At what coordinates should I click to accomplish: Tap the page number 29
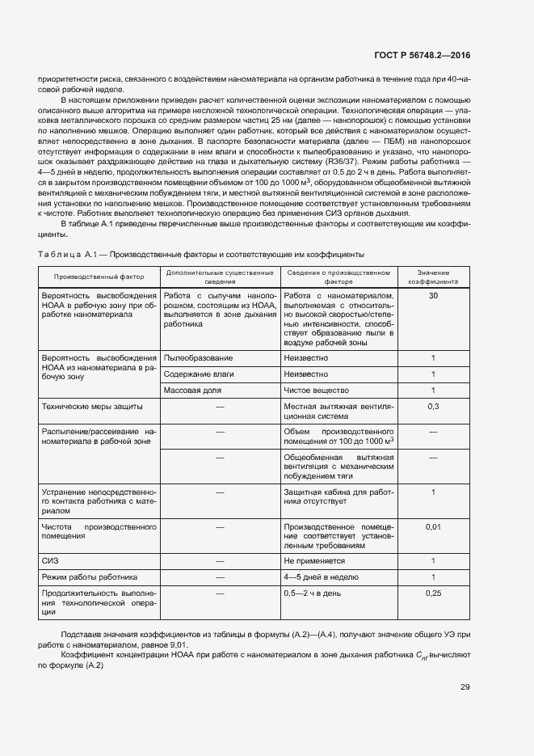pos(465,687)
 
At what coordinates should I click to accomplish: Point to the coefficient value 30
pos(433,297)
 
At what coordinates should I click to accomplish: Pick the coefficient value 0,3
pos(433,406)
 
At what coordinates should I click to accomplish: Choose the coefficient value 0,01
pos(433,527)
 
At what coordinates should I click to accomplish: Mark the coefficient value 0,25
pos(433,593)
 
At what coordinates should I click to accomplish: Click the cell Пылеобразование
pos(198,357)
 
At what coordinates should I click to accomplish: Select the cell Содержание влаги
pos(200,374)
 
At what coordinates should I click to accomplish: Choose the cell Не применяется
pos(314,560)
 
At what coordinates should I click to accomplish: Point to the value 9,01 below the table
pos(177,645)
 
